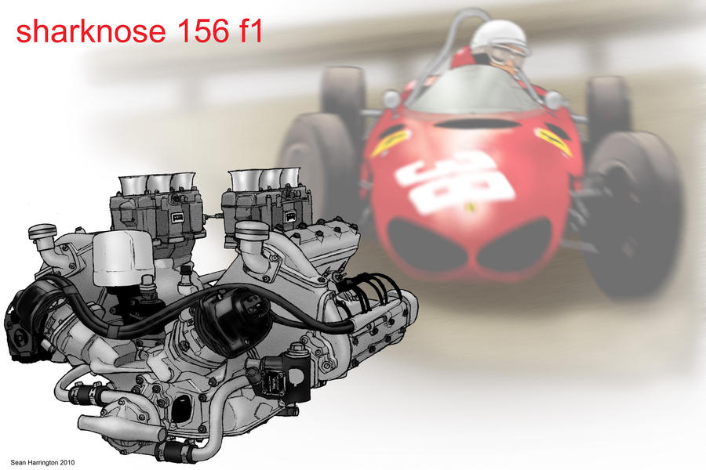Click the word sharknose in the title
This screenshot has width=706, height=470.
91,31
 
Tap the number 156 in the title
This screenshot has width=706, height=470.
202,31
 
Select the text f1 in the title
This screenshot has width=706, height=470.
249,31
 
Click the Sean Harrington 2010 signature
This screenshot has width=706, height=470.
43,462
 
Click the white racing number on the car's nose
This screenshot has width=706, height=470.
455,181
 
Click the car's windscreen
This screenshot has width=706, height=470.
474,90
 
